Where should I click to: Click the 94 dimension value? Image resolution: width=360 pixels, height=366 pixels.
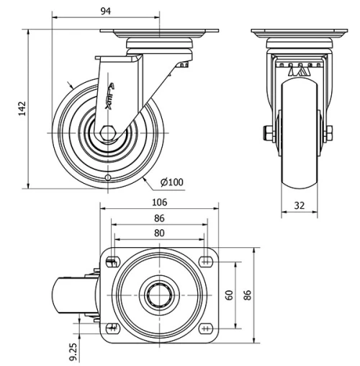click(106, 11)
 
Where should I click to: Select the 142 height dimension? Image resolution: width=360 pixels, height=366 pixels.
click(22, 108)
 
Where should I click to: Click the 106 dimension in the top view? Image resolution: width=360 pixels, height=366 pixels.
click(159, 202)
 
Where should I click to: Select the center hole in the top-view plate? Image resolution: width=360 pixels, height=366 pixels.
click(159, 296)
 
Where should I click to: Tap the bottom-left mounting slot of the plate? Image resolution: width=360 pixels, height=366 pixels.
click(112, 329)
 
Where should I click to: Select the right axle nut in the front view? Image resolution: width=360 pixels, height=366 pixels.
click(329, 133)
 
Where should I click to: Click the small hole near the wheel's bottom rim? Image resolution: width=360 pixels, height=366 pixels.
click(108, 177)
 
